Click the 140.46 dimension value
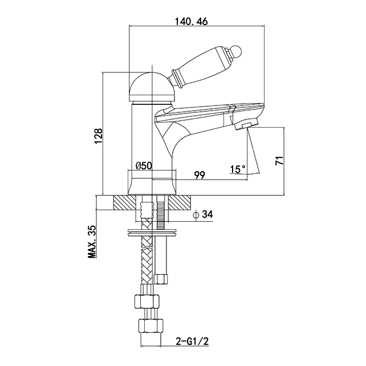191,21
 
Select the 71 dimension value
279,160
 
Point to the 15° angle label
238,169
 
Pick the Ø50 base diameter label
143,166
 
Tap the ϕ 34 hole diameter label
203,215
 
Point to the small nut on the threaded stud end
162,279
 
